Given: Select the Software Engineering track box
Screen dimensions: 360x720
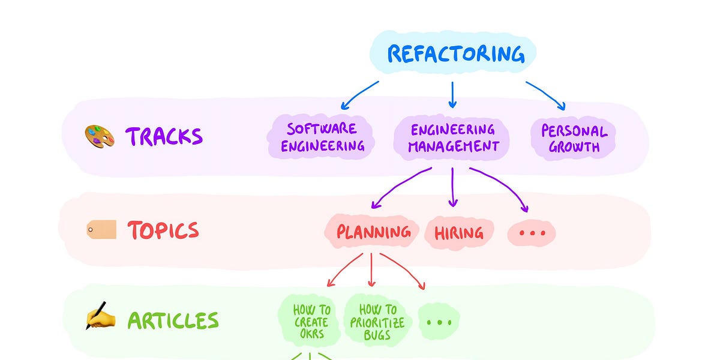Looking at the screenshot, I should click(x=322, y=137).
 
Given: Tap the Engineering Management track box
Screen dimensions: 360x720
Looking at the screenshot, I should click(x=452, y=137).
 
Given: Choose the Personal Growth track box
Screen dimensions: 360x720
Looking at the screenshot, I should click(x=574, y=139).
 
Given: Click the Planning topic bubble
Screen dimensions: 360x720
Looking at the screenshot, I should click(x=373, y=232).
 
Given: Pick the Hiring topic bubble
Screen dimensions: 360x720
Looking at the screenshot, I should click(x=459, y=232).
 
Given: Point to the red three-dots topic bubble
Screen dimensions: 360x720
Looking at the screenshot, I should click(x=532, y=233).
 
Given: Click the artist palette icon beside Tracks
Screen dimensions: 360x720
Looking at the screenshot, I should click(x=99, y=137).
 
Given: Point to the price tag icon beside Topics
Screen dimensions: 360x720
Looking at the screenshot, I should click(x=101, y=229).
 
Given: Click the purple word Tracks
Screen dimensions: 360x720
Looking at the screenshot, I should click(x=164, y=137).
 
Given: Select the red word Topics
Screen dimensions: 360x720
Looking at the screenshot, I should click(x=163, y=230).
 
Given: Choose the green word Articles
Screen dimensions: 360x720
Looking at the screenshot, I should click(x=173, y=320).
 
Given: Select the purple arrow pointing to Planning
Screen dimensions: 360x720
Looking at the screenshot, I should click(x=401, y=187).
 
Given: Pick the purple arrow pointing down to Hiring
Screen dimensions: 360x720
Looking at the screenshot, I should click(x=453, y=187).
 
